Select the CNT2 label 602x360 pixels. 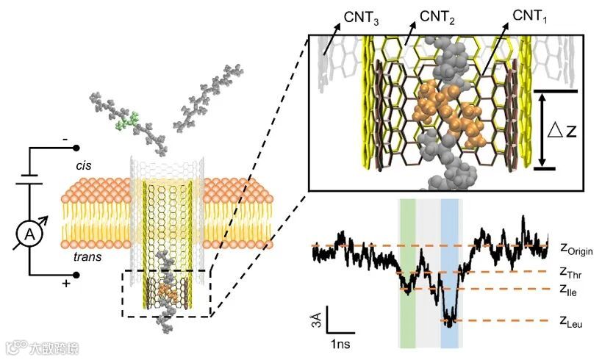438,15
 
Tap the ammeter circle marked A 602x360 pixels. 30,234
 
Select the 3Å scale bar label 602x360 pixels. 315,321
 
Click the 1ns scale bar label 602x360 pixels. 340,343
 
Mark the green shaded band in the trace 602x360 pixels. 407,272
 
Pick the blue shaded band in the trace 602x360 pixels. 450,272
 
